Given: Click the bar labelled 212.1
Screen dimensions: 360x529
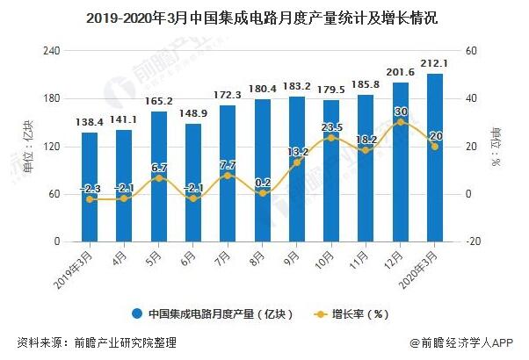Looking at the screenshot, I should pyautogui.click(x=434, y=158).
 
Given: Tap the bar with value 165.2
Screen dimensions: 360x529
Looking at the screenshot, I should pyautogui.click(x=158, y=176).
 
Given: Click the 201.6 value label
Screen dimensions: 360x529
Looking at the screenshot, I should pyautogui.click(x=400, y=73).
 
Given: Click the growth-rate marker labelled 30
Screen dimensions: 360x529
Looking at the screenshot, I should pyautogui.click(x=400, y=122).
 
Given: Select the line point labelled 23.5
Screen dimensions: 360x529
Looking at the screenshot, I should pyautogui.click(x=330, y=138).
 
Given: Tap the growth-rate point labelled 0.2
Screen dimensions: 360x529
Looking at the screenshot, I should pyautogui.click(x=262, y=193).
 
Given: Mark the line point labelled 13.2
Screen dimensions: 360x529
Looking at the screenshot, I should pyautogui.click(x=296, y=162).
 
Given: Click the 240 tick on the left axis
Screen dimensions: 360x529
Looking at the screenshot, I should pyautogui.click(x=51, y=51).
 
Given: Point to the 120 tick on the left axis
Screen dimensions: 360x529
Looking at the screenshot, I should pyautogui.click(x=51, y=146).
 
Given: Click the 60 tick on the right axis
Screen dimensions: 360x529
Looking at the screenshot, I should pyautogui.click(x=470, y=51).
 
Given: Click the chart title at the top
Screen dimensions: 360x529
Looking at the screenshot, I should pyautogui.click(x=264, y=18).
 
